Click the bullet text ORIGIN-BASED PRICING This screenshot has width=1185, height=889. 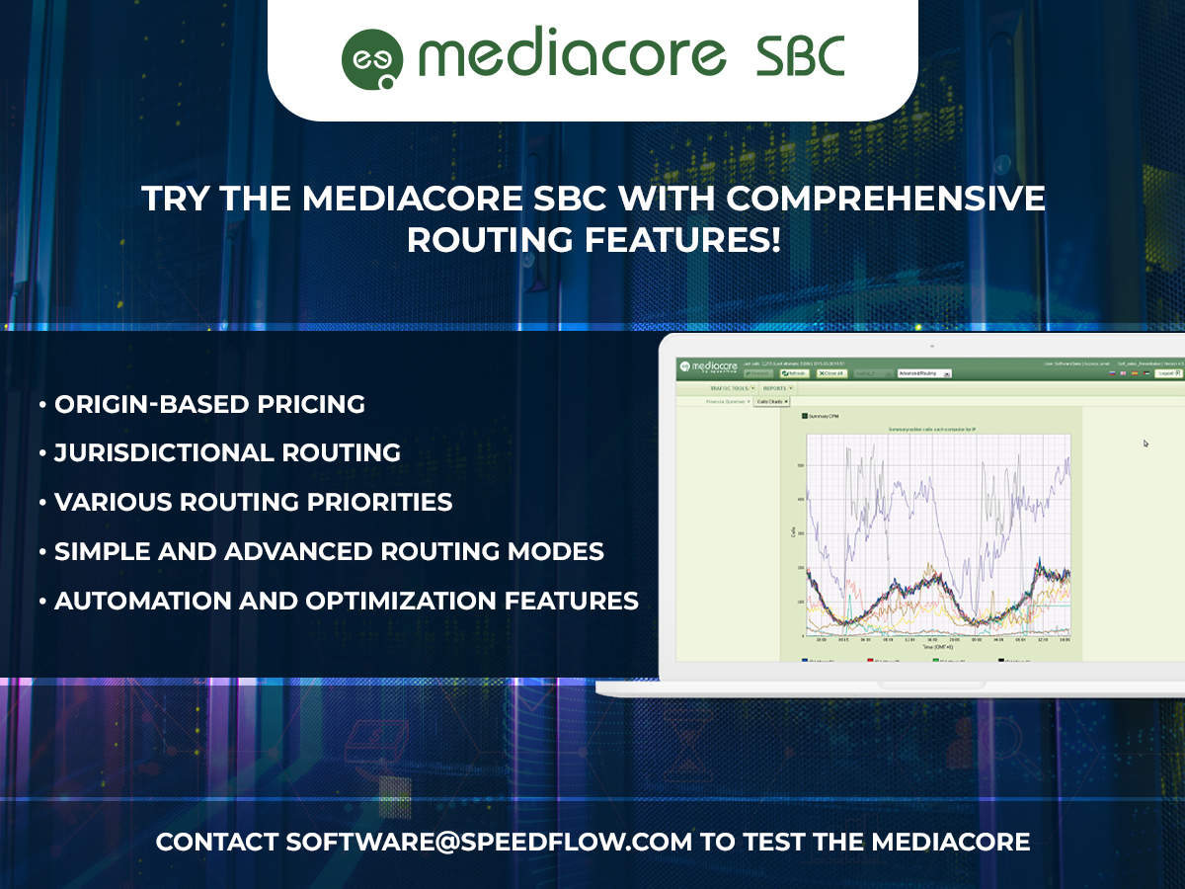tap(209, 404)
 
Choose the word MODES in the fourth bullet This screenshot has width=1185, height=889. tap(560, 551)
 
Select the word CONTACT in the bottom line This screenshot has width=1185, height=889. tap(217, 843)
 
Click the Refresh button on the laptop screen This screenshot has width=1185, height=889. tap(794, 373)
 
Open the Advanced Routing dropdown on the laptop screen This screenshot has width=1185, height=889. tap(924, 373)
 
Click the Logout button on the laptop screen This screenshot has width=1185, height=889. tap(1166, 373)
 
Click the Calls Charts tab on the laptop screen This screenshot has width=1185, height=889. tap(771, 402)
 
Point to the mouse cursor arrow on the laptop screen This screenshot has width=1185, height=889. tap(1145, 444)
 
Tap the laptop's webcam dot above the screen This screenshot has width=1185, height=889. tap(930, 347)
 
